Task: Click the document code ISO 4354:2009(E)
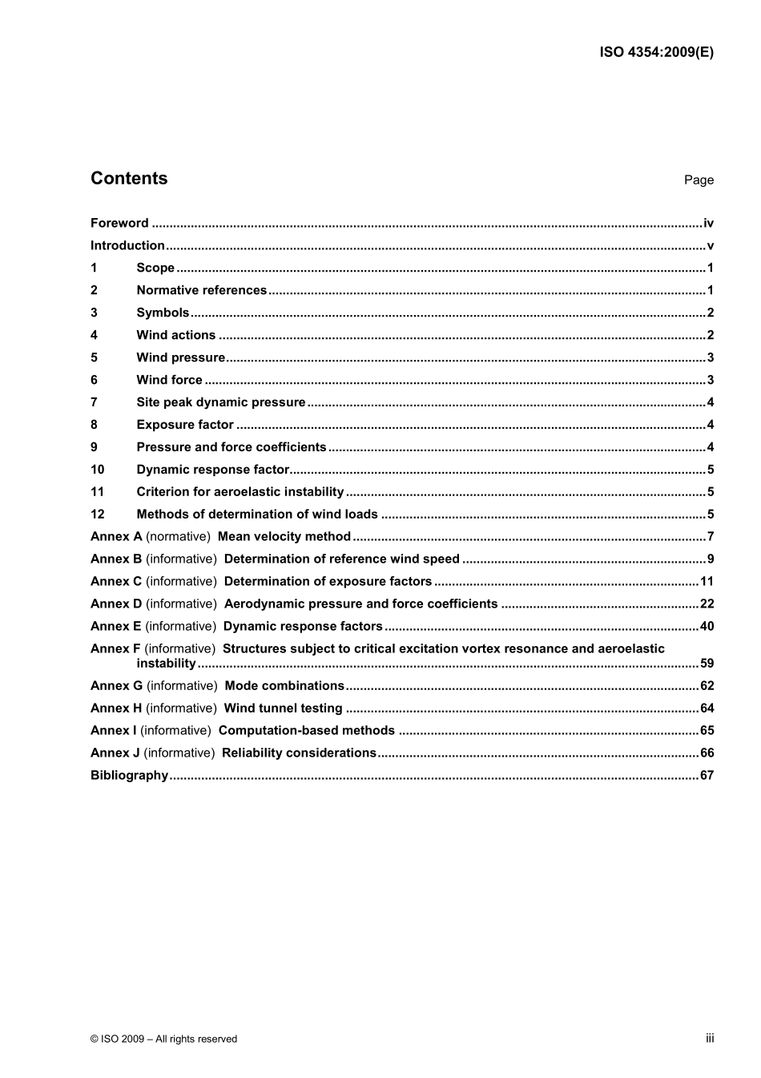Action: [656, 53]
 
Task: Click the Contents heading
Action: [129, 179]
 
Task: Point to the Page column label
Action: [699, 180]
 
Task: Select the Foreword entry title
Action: [119, 224]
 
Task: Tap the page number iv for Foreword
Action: [708, 224]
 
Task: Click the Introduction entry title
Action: [127, 246]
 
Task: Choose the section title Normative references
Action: [201, 291]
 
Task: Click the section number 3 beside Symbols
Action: [94, 313]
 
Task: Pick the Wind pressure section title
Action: [180, 358]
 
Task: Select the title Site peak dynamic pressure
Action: [221, 403]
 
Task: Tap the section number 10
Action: [97, 470]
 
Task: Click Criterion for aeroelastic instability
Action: [240, 493]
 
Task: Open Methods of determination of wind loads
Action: [257, 515]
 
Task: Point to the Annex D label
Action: [116, 604]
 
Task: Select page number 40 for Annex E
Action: [707, 627]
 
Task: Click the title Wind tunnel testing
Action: [283, 709]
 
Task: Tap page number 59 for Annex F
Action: [707, 664]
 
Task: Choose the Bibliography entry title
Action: [129, 776]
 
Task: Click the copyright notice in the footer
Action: [163, 1039]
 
